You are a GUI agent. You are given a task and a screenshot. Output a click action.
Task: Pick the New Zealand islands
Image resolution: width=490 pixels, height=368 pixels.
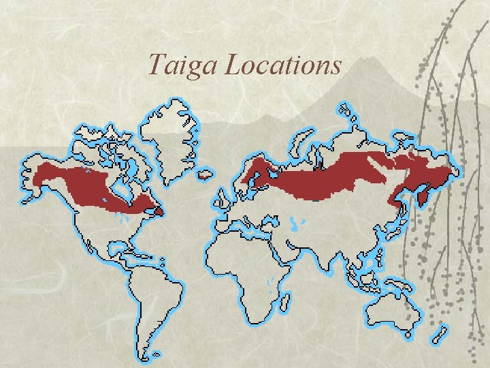pyautogui.click(x=440, y=335)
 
